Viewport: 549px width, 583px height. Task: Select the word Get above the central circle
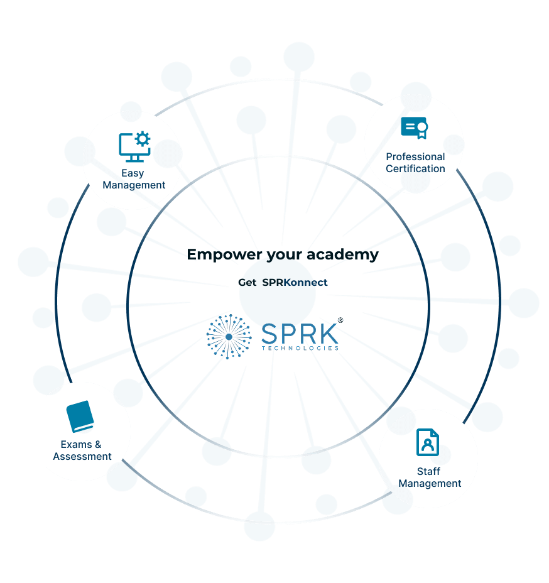(x=247, y=283)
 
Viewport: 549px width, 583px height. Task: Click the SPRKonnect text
(x=295, y=283)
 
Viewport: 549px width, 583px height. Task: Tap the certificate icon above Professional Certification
(x=415, y=128)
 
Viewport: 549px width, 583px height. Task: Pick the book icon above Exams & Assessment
(x=80, y=417)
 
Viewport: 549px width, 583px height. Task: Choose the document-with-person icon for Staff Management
(x=428, y=442)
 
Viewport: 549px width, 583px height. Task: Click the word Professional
(x=415, y=156)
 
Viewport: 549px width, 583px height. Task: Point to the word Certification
(x=415, y=168)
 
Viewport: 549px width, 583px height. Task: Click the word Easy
(x=133, y=173)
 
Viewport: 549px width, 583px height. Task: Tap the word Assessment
(x=82, y=457)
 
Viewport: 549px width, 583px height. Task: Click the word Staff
(x=428, y=471)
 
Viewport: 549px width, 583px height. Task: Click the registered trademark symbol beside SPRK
(x=340, y=320)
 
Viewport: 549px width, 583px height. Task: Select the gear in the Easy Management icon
(x=143, y=138)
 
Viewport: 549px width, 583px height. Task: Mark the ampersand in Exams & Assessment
(x=97, y=444)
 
